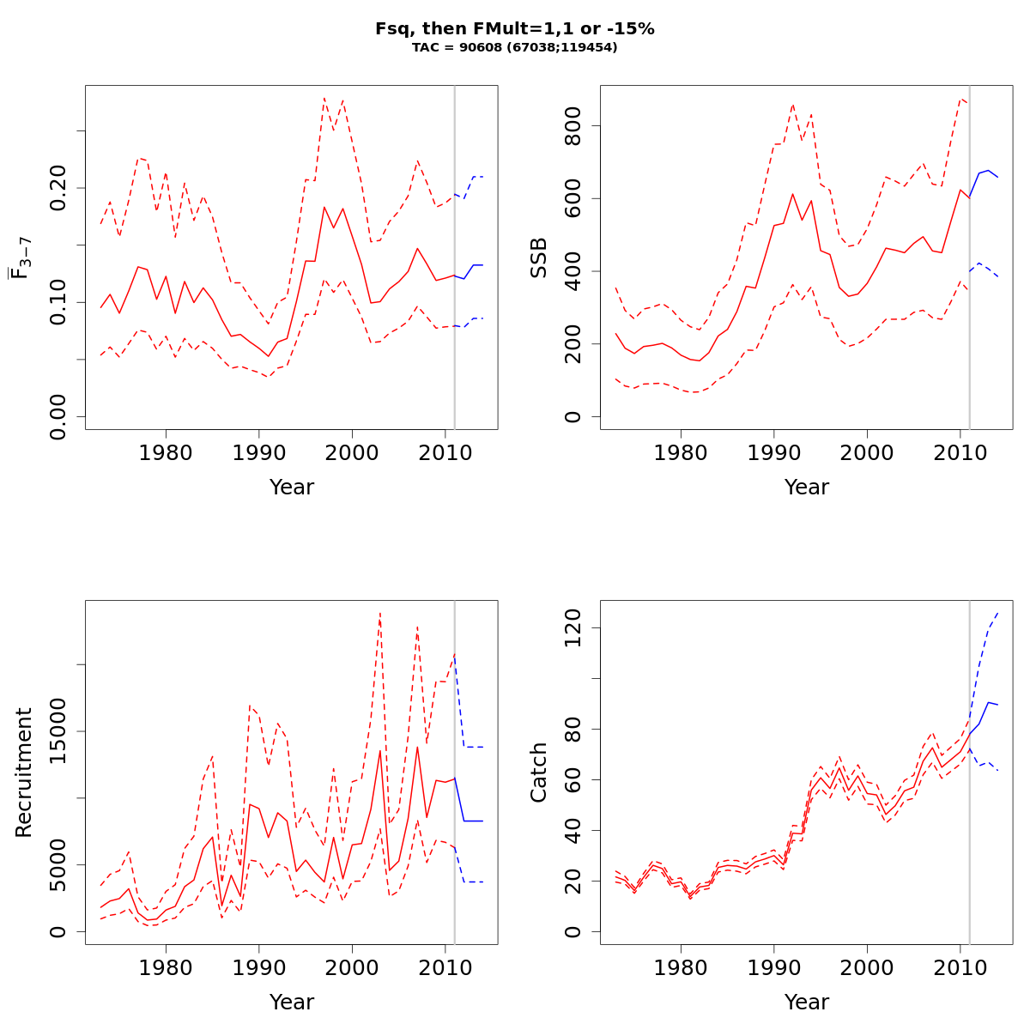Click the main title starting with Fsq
pos(515,28)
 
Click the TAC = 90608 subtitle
pos(515,47)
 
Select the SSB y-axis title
pos(538,257)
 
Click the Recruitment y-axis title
pos(23,772)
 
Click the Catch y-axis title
pos(538,772)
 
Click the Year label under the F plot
pos(292,488)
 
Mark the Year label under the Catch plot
pos(807,1003)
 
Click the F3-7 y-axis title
pos(21,257)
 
